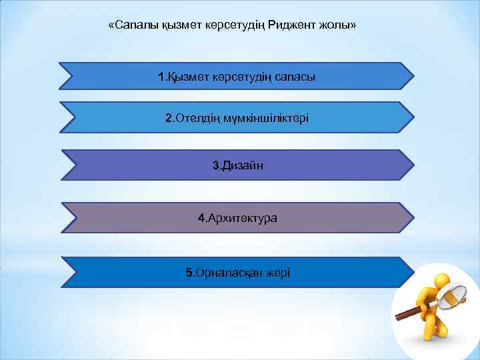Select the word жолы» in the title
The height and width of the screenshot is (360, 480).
point(339,26)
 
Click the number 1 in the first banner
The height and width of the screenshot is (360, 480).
point(161,77)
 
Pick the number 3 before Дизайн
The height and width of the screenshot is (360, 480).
point(215,165)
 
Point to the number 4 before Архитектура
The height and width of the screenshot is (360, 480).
point(201,218)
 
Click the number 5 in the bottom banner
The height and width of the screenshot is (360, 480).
point(189,273)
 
